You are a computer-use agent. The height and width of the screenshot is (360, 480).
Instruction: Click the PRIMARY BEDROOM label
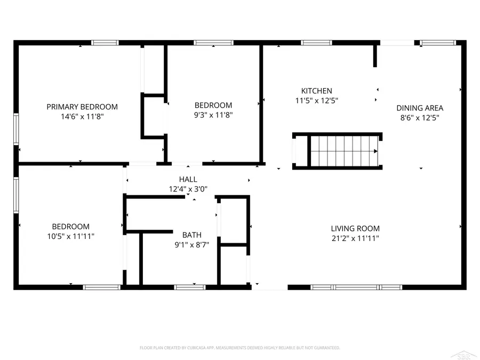tap(82, 107)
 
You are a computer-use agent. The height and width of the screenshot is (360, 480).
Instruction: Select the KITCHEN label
tap(316, 91)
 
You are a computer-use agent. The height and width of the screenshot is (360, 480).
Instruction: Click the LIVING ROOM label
tap(355, 229)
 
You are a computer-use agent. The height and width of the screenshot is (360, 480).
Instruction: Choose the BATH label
tap(191, 235)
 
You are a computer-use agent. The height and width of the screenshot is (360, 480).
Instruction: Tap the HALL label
tap(188, 180)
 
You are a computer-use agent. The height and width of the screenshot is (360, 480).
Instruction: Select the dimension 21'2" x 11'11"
tap(355, 238)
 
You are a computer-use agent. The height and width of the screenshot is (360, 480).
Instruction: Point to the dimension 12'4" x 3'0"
tap(188, 189)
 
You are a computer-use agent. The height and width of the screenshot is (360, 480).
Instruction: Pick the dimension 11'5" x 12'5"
tap(316, 100)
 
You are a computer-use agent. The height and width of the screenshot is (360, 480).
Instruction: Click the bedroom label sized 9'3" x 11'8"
tap(213, 106)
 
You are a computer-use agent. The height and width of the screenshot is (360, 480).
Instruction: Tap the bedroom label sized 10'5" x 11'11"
tap(70, 227)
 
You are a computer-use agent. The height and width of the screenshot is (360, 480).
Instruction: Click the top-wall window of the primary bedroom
tap(105, 43)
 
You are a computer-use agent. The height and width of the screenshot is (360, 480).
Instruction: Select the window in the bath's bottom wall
tap(190, 287)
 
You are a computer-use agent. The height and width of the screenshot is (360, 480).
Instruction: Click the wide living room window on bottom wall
tap(356, 287)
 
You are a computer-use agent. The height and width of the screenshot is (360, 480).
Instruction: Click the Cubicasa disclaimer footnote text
tap(239, 348)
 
